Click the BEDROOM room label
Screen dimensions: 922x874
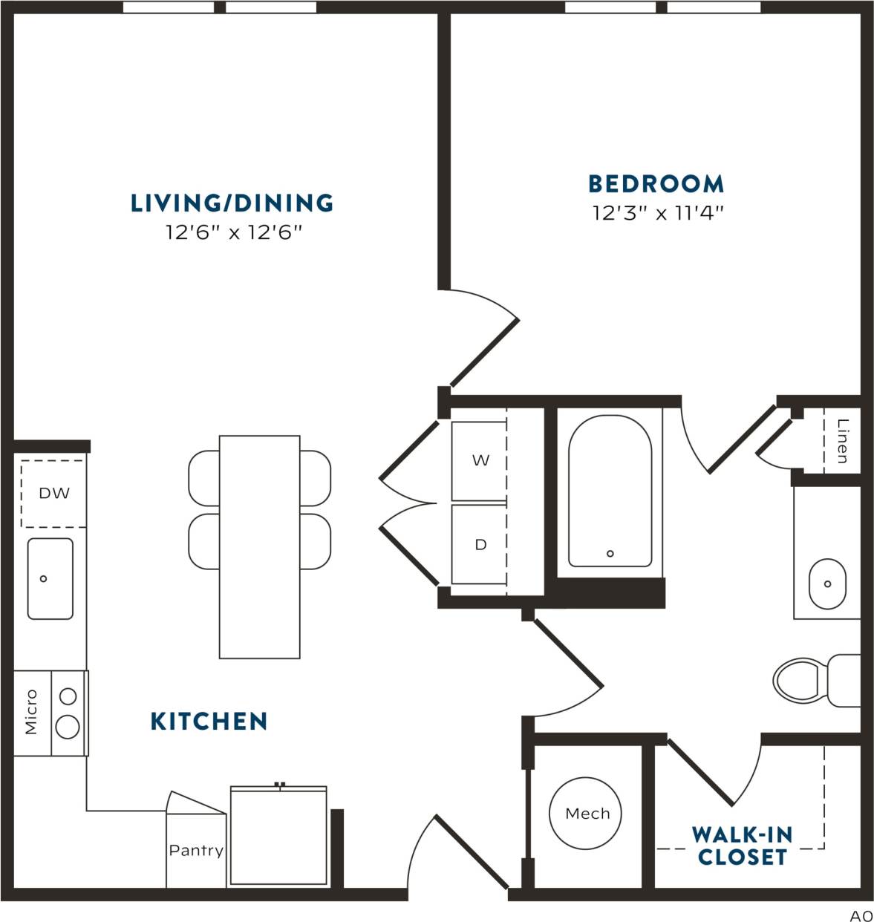click(656, 183)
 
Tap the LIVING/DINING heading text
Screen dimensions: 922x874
click(232, 203)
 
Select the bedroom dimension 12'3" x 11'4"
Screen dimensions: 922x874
click(657, 214)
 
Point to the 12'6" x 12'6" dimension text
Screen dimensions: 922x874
click(234, 233)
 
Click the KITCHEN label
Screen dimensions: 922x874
click(209, 721)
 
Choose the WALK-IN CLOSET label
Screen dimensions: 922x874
click(742, 846)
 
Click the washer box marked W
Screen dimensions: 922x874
click(480, 461)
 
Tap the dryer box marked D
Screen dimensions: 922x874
click(480, 545)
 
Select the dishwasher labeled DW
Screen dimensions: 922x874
click(53, 493)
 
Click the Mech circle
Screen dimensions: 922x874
click(587, 814)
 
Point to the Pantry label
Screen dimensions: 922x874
click(195, 851)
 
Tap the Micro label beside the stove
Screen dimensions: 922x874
click(31, 713)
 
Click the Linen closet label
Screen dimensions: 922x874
click(842, 441)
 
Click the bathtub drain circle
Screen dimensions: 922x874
click(610, 553)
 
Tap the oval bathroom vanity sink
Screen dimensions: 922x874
click(826, 583)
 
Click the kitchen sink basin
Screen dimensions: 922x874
click(50, 578)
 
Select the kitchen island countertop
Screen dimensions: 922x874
click(259, 547)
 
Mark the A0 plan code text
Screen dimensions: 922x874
click(861, 915)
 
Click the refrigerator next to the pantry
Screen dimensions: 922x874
click(278, 837)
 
